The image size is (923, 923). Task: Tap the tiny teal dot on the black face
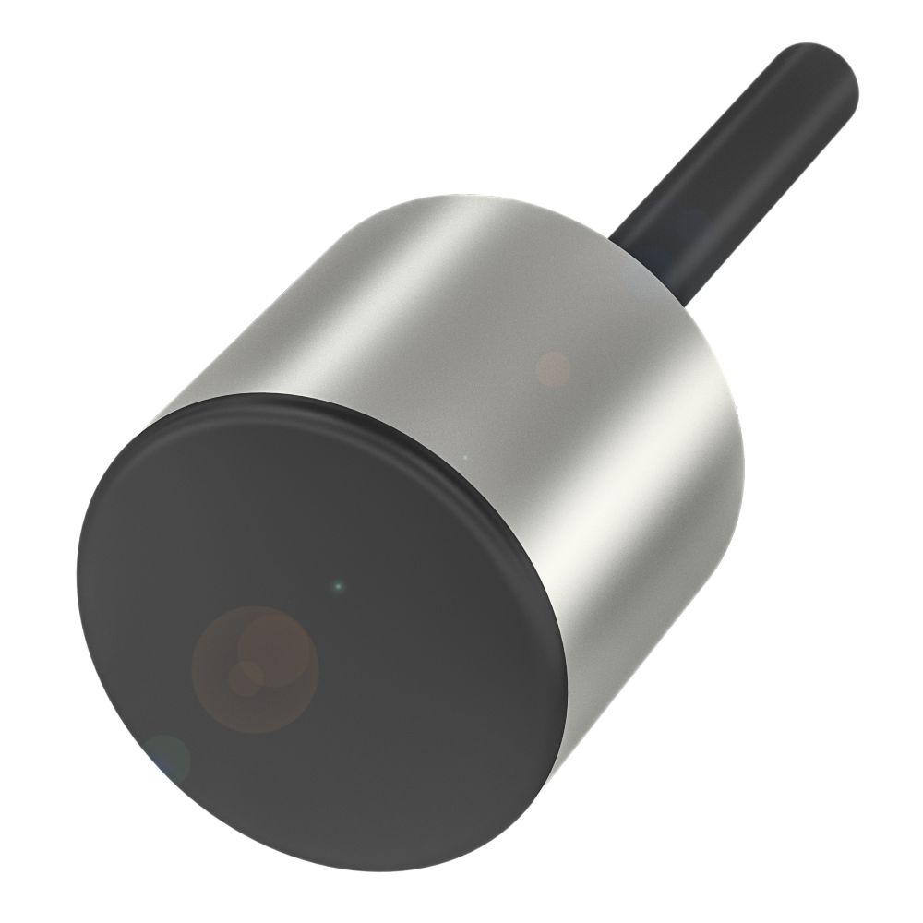[339, 584]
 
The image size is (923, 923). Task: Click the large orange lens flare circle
[256, 666]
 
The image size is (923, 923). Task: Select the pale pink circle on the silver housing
[554, 368]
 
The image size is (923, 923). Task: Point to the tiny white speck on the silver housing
[465, 456]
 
